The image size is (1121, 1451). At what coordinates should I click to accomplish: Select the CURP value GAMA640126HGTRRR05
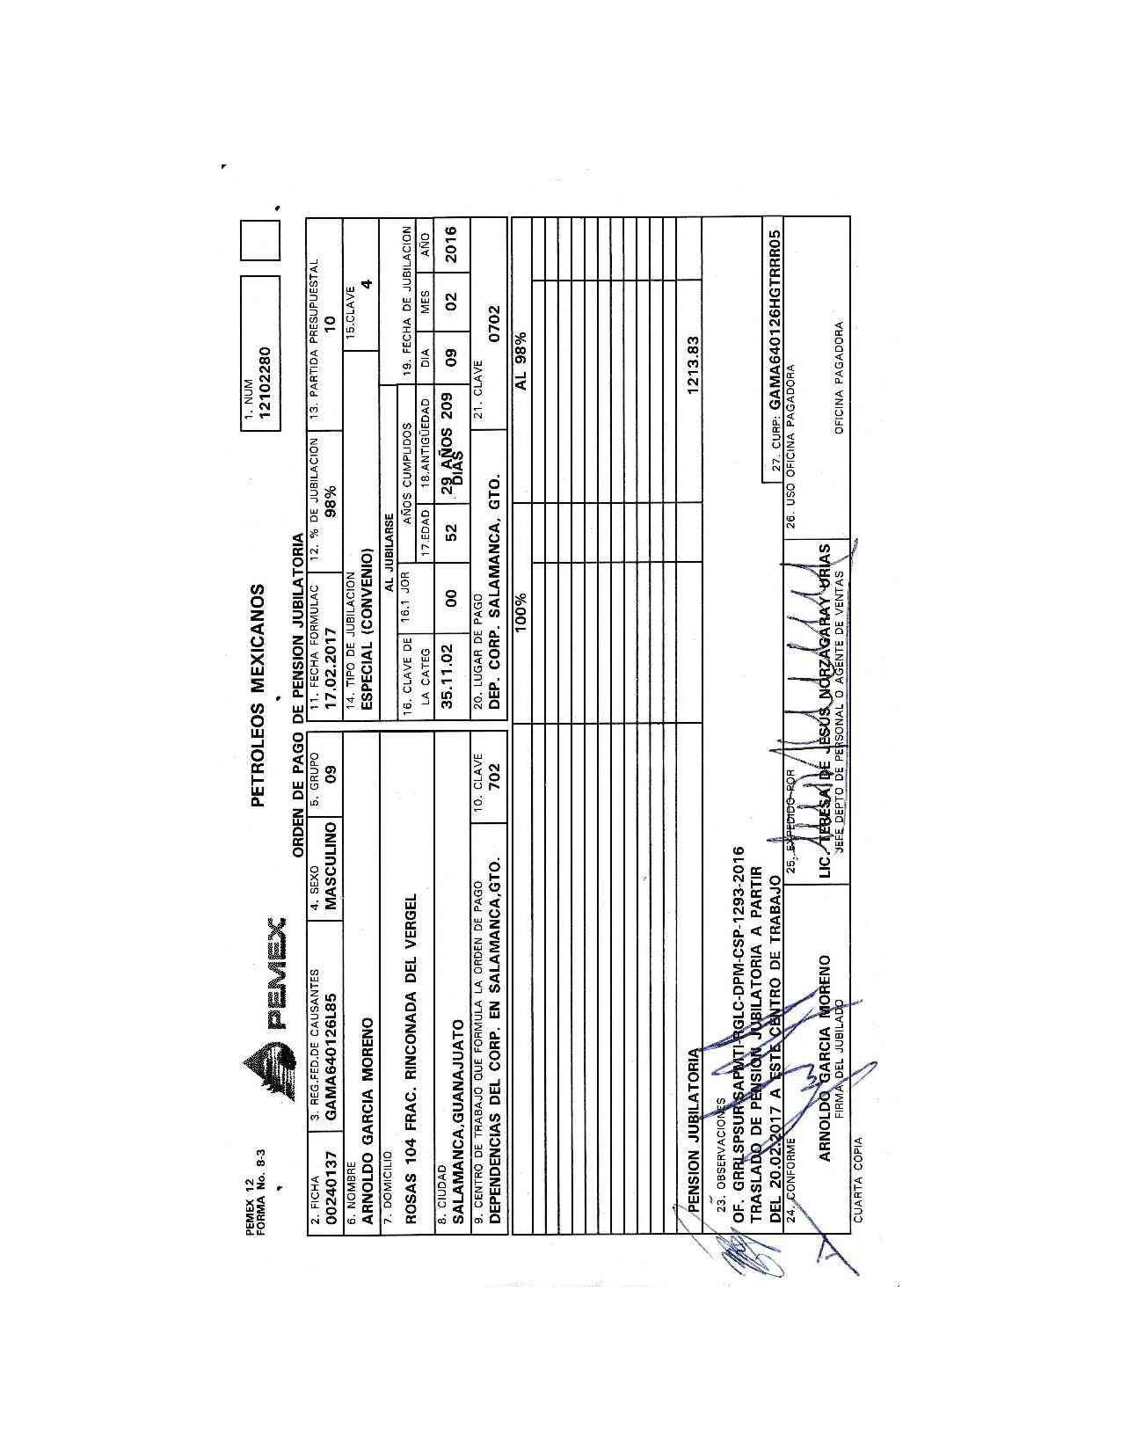(x=775, y=321)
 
